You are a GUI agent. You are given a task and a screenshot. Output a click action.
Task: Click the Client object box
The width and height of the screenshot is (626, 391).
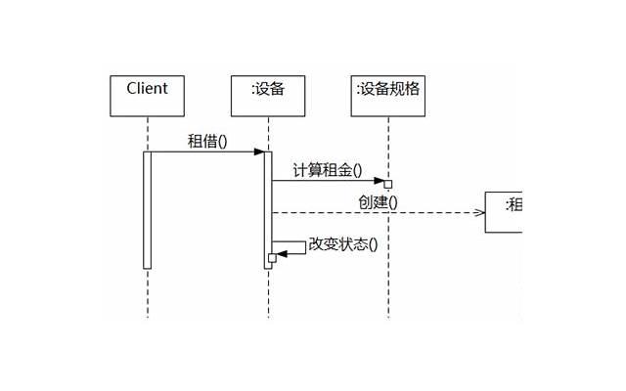tap(147, 95)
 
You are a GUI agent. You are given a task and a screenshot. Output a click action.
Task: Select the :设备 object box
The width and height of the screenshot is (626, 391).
tap(268, 95)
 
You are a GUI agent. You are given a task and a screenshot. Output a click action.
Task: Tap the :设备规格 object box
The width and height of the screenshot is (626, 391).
tap(388, 95)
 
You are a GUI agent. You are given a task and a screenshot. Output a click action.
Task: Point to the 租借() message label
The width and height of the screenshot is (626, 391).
tap(207, 141)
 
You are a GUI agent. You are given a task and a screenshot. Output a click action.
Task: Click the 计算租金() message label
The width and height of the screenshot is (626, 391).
tap(327, 170)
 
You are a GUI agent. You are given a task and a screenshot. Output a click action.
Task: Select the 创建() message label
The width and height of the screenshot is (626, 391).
tap(378, 202)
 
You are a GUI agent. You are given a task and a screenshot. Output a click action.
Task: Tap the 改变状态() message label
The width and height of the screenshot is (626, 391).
tap(342, 244)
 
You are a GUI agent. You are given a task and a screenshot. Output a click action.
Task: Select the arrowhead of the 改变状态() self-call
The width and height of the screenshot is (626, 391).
tap(283, 254)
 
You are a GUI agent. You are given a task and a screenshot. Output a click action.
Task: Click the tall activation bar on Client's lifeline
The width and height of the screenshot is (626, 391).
tap(148, 209)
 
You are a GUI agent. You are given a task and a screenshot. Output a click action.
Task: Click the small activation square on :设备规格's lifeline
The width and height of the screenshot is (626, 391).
tap(388, 184)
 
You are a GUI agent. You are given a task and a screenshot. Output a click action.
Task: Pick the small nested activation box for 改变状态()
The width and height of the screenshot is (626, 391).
tap(273, 258)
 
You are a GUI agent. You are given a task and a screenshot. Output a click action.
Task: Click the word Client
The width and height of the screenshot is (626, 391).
tap(147, 88)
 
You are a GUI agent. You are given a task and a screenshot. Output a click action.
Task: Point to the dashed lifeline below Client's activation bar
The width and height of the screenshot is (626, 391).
tap(148, 293)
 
